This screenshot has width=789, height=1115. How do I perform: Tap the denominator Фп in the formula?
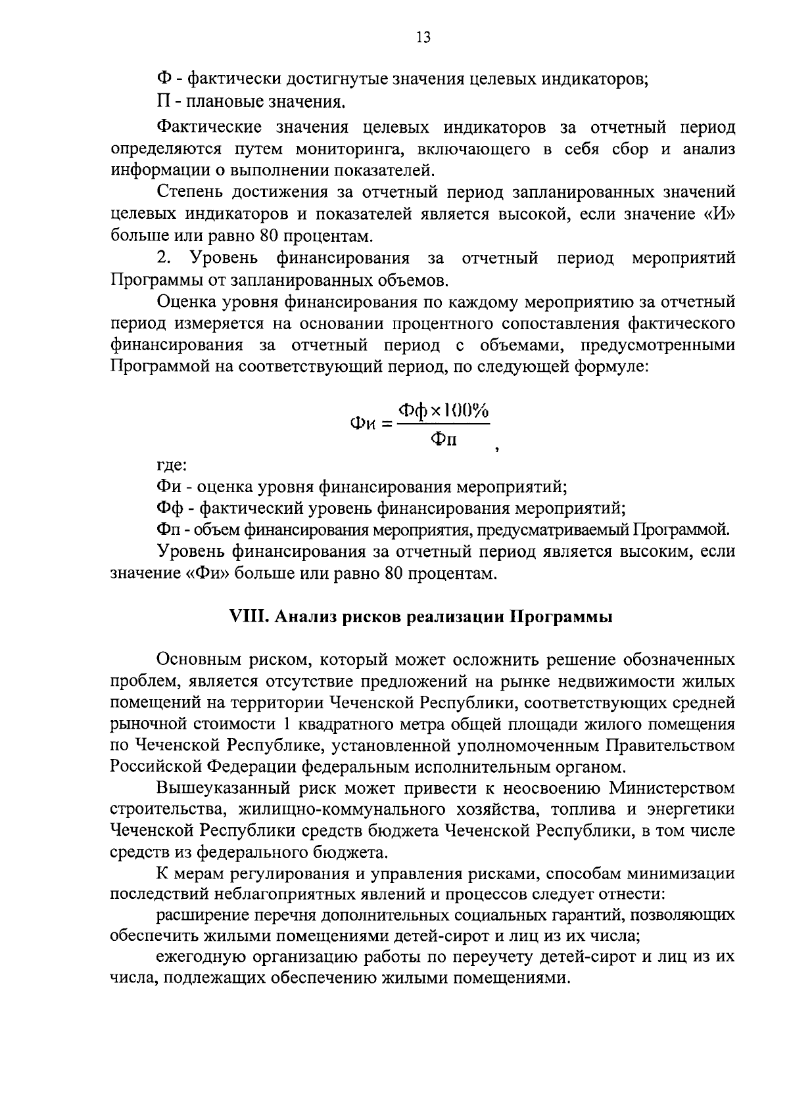coord(444,440)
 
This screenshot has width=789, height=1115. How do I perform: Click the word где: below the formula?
coord(172,465)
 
